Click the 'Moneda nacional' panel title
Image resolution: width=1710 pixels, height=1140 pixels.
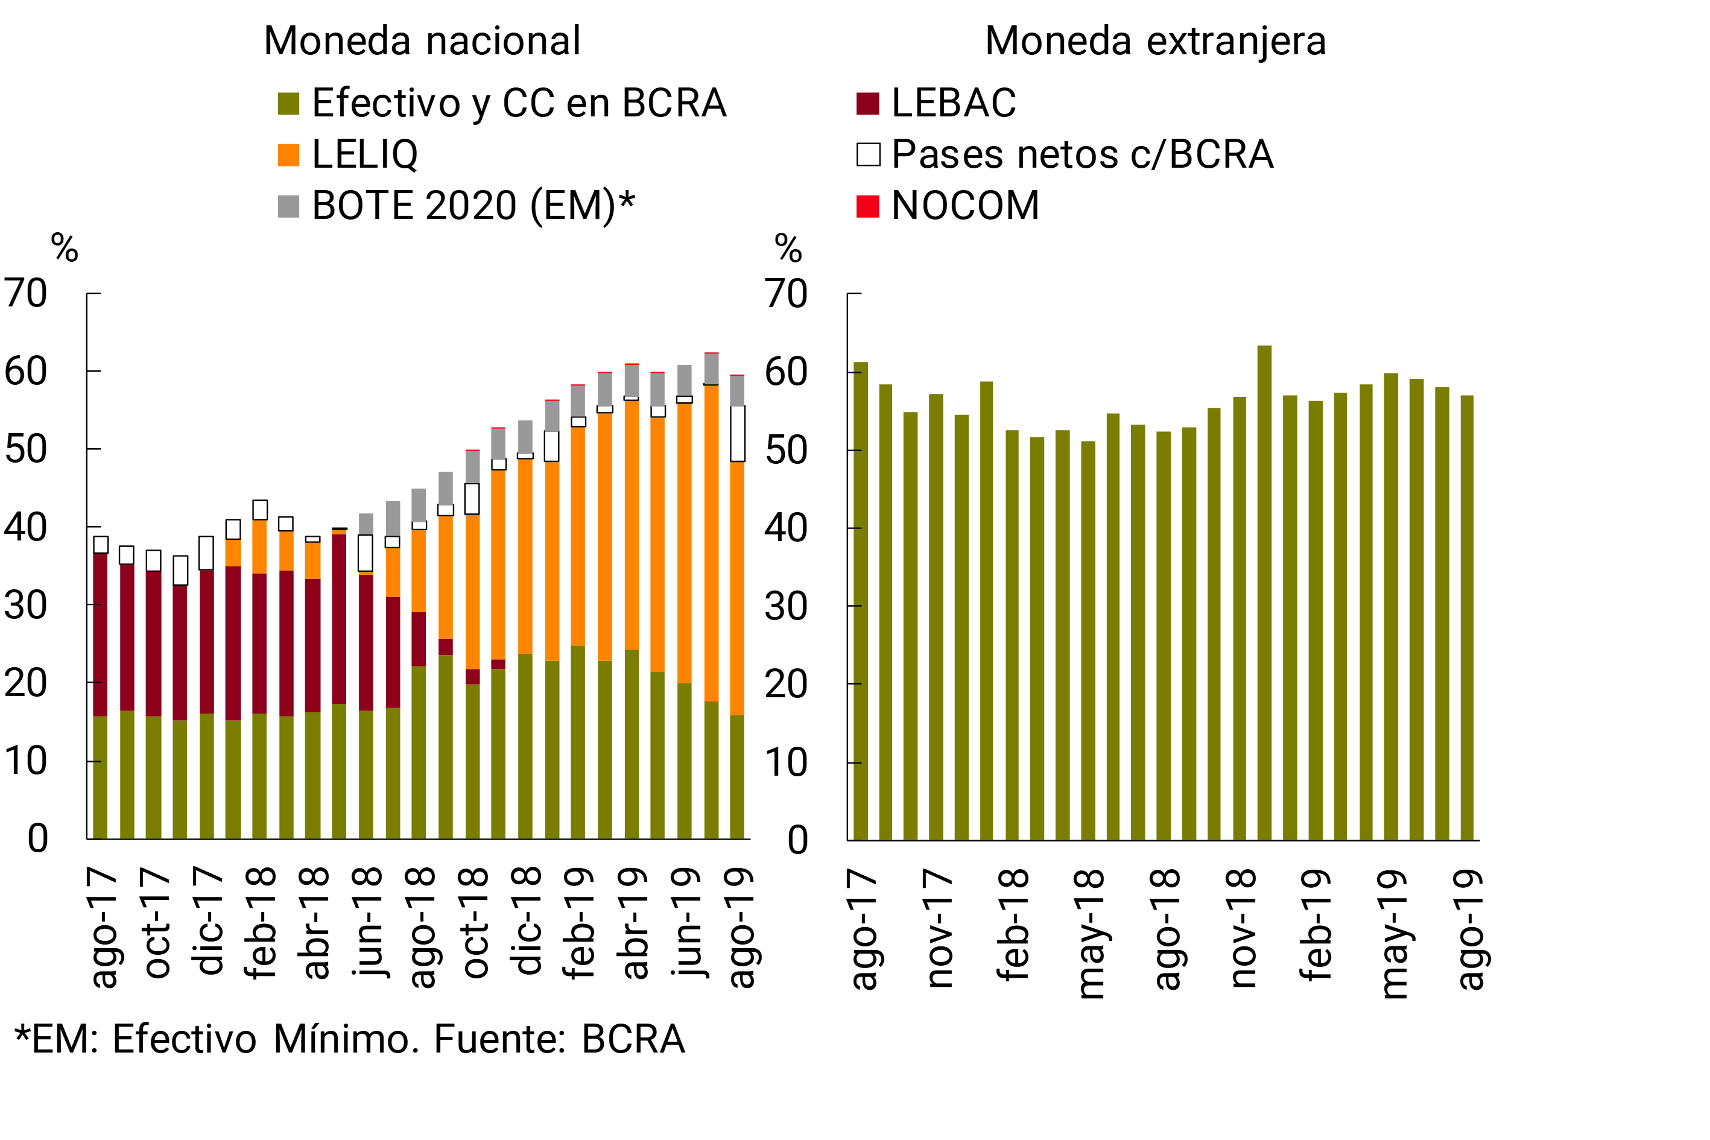tap(422, 41)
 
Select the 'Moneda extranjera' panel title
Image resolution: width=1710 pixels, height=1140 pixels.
tap(1155, 41)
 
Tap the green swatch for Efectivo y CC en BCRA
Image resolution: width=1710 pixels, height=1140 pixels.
tap(289, 103)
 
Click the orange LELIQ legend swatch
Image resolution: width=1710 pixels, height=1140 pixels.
tap(289, 155)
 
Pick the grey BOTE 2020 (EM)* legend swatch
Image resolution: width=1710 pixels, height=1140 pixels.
tap(289, 206)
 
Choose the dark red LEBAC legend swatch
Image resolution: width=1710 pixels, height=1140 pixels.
tap(868, 103)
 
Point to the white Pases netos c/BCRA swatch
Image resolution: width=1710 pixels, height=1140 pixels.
tap(868, 155)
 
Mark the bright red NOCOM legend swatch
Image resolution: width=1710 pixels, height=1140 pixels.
tap(868, 206)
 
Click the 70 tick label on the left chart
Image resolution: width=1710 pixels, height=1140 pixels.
tap(26, 294)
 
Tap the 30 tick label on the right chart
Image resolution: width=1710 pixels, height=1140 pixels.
tap(786, 606)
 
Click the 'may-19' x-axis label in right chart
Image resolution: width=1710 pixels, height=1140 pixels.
tap(1393, 934)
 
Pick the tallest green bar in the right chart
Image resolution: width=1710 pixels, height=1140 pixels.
tap(1264, 592)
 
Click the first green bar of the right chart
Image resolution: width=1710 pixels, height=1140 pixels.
tap(860, 601)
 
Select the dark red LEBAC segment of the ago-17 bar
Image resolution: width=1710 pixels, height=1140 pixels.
tap(100, 634)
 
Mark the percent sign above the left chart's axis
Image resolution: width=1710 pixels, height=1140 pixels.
tap(65, 248)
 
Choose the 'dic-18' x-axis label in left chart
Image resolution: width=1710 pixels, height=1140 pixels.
tap(527, 920)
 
